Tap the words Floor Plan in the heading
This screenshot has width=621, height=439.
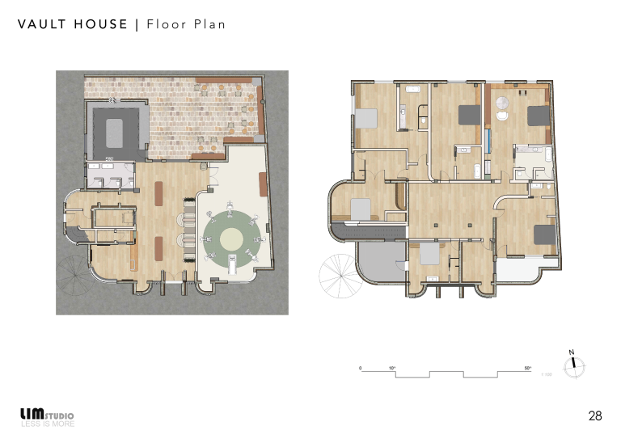pyautogui.click(x=186, y=24)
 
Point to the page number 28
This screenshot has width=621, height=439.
pyautogui.click(x=595, y=416)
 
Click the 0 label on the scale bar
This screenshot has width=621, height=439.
pyautogui.click(x=361, y=368)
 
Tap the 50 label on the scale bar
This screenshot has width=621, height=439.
pyautogui.click(x=527, y=368)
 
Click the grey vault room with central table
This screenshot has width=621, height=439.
pyautogui.click(x=116, y=129)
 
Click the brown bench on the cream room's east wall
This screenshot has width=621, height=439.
pyautogui.click(x=263, y=184)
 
